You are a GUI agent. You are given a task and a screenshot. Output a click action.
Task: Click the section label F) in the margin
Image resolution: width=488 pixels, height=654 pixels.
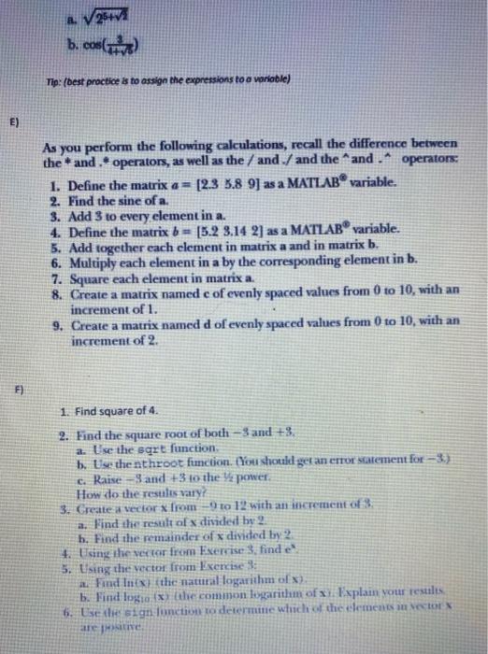click(x=14, y=384)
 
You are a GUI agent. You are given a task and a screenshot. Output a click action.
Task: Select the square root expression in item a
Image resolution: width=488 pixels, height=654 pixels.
click(x=111, y=14)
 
